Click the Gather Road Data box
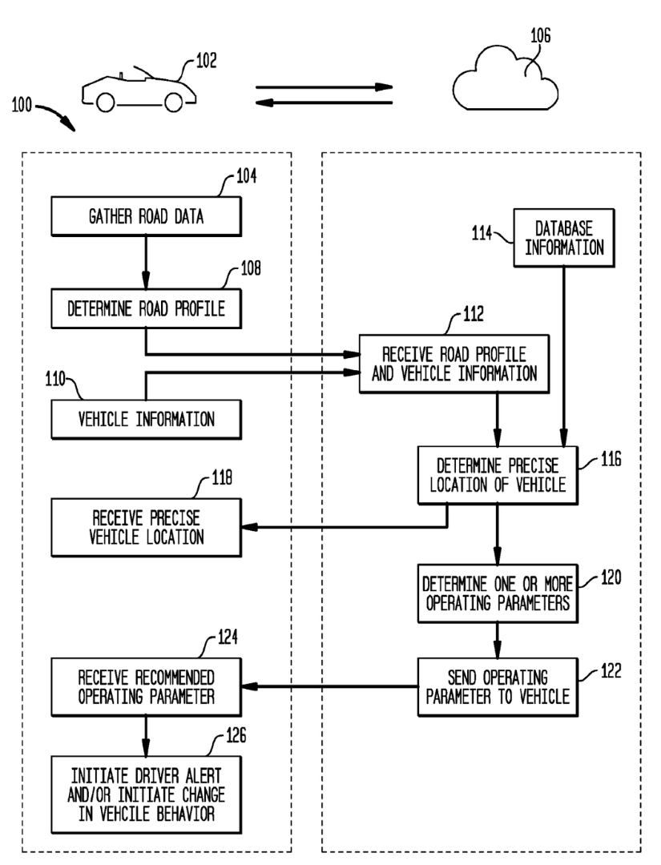(x=146, y=216)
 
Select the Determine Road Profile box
(x=146, y=308)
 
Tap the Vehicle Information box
(x=146, y=419)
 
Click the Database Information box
(x=564, y=238)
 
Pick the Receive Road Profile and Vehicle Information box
(x=454, y=364)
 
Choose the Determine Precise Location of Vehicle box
(x=498, y=475)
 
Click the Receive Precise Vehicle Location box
(x=146, y=527)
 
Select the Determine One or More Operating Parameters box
(x=498, y=593)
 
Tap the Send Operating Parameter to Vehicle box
(x=498, y=687)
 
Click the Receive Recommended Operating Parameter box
(x=146, y=687)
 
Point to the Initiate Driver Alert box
(x=146, y=795)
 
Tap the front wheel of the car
(x=105, y=102)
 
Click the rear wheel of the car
(x=174, y=102)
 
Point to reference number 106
(x=540, y=36)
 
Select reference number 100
(x=22, y=105)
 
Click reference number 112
(x=474, y=314)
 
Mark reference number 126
(x=236, y=735)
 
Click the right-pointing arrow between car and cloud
(x=324, y=87)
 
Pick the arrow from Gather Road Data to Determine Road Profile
(x=146, y=263)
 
